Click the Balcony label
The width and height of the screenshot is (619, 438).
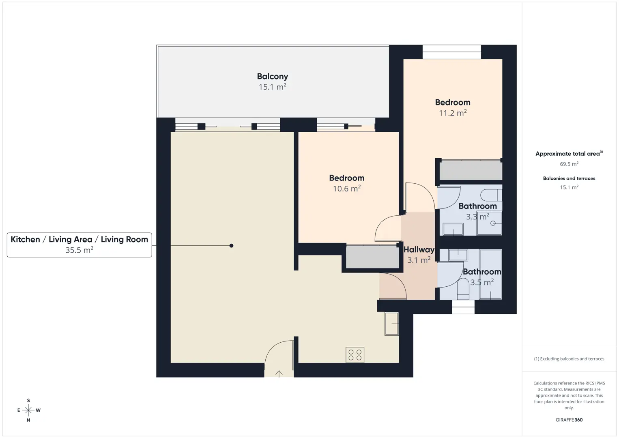[273, 76]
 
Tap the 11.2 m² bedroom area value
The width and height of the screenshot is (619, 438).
[453, 113]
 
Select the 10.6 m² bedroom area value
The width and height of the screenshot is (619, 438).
[346, 189]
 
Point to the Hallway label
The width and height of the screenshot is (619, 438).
[419, 249]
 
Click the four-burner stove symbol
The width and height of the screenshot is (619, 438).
[355, 355]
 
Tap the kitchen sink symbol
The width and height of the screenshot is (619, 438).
[391, 324]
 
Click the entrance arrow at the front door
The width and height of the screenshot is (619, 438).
[279, 374]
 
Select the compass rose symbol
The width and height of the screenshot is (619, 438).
[28, 410]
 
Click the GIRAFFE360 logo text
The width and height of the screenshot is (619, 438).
[569, 420]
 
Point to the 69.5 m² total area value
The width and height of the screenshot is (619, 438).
[569, 164]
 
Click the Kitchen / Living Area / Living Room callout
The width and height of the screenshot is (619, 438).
[80, 245]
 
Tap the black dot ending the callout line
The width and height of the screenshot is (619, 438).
[231, 245]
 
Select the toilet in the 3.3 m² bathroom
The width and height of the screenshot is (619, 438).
[491, 195]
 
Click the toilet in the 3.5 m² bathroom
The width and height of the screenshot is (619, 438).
[463, 289]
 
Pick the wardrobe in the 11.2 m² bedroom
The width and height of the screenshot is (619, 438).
[471, 170]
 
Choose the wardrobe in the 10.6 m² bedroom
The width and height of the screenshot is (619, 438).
[372, 256]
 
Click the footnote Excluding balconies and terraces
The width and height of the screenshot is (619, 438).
[569, 359]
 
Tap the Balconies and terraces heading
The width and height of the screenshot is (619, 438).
[569, 178]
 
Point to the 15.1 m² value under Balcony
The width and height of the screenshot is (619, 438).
[273, 87]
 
